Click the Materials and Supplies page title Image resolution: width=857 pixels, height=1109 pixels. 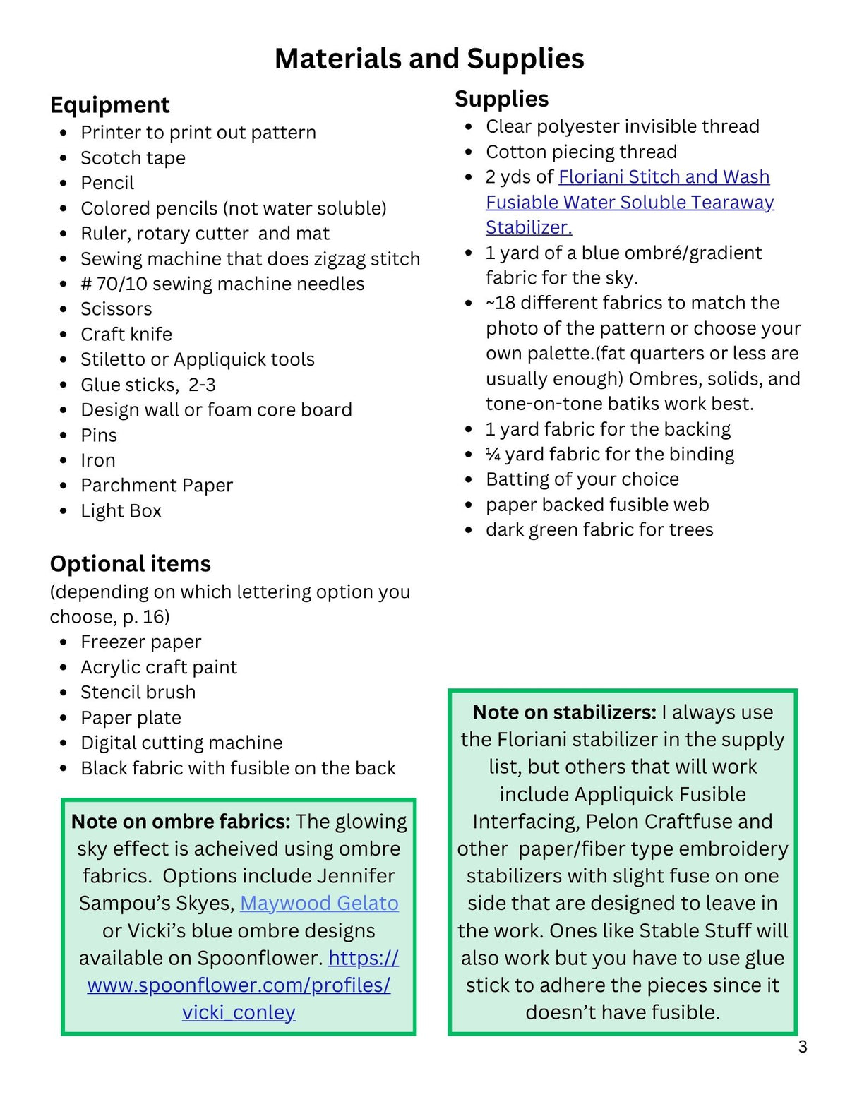428,59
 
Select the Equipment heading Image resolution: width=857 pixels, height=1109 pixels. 109,105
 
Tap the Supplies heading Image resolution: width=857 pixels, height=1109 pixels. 501,99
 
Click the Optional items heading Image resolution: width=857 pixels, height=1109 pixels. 130,563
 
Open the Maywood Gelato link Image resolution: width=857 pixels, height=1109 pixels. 319,903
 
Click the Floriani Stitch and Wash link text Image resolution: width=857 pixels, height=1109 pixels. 664,176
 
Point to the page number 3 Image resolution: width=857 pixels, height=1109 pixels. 803,1047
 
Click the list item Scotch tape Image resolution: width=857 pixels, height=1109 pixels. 133,158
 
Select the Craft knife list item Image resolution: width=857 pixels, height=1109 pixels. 126,334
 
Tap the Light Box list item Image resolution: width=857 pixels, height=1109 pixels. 121,510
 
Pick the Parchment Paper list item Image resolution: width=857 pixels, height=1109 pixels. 156,486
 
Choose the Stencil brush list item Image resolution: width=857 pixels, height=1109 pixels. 138,692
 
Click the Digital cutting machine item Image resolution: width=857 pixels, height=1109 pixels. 181,743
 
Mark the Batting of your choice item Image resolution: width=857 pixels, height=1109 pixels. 582,479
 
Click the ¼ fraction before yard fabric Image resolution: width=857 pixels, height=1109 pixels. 493,454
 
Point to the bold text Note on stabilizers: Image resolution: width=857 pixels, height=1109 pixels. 564,712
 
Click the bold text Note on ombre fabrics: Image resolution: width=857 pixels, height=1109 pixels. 181,822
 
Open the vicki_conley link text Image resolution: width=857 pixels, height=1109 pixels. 239,1012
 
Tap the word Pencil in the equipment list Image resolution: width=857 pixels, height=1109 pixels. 107,184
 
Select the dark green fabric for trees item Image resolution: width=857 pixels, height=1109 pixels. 599,529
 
